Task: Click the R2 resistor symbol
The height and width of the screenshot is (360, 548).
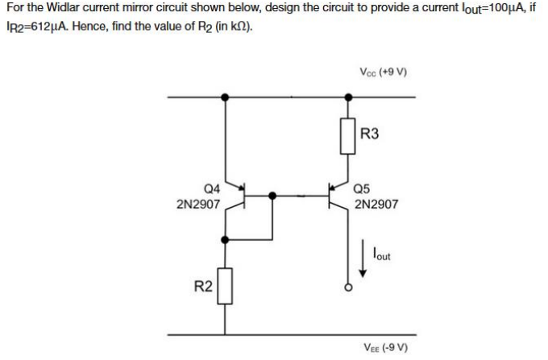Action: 225,288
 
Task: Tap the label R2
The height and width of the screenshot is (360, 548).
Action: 204,286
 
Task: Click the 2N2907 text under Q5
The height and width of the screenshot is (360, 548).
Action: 376,205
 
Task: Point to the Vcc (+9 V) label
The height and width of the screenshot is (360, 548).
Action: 383,71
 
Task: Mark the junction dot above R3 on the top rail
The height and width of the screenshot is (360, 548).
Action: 348,97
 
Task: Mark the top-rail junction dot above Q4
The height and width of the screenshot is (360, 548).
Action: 225,97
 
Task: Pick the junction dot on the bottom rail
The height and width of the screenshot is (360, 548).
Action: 225,333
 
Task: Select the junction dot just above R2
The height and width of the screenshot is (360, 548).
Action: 225,239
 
